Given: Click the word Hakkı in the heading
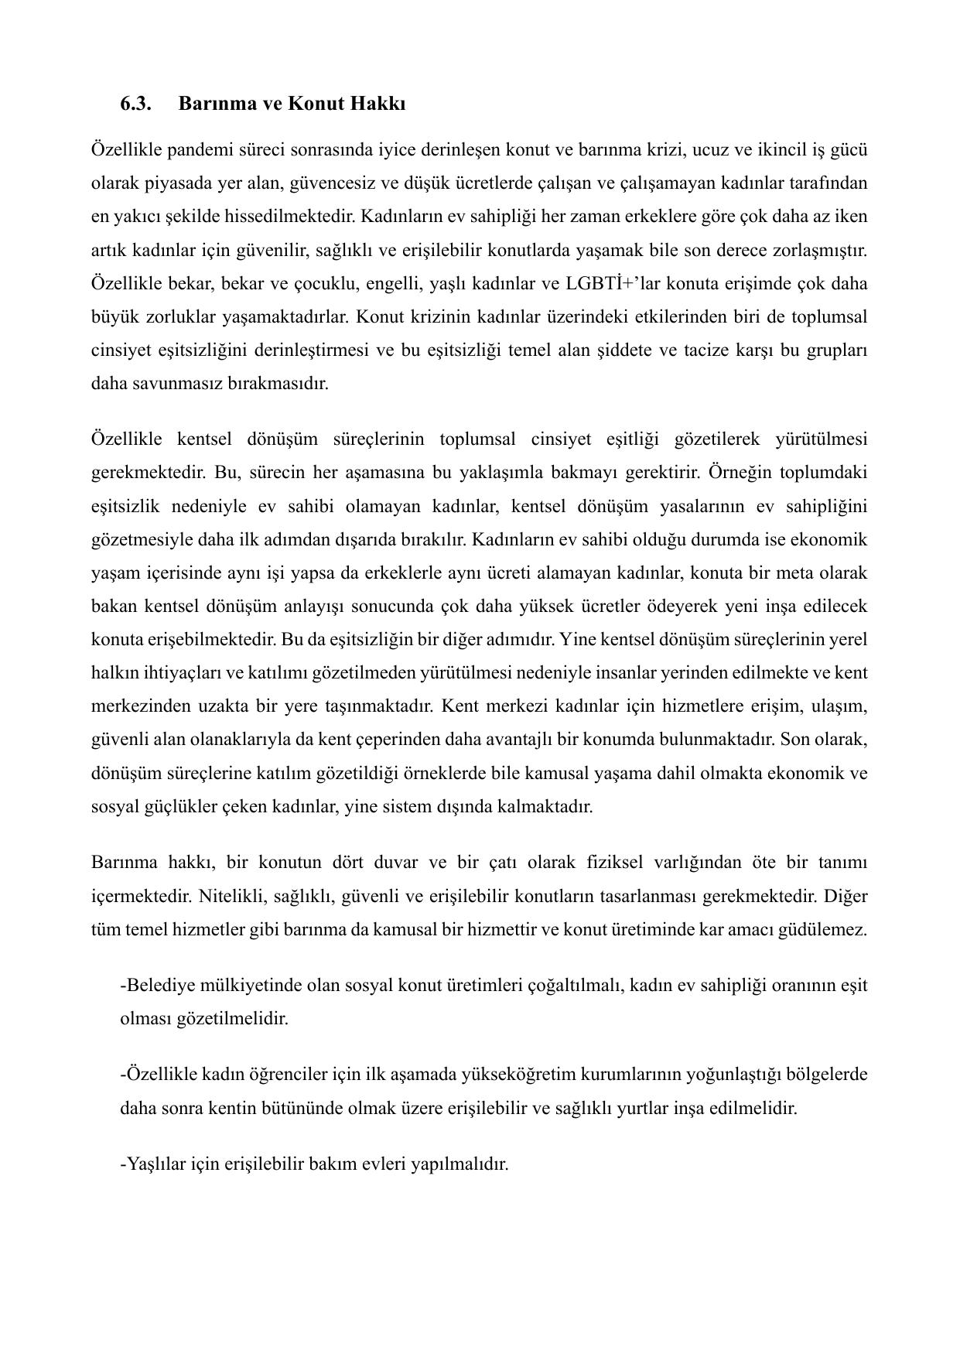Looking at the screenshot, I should (378, 104).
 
